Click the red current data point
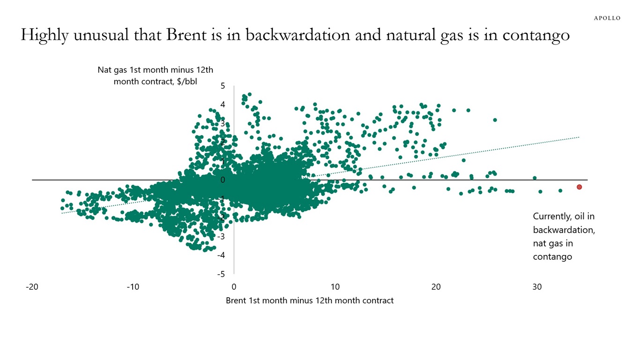(579, 187)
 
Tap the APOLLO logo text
(607, 18)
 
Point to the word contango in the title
(536, 36)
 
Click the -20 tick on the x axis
(32, 287)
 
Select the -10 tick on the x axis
(133, 287)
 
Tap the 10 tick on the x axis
(335, 287)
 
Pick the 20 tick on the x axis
(436, 287)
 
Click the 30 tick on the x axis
(537, 287)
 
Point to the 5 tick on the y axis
(223, 86)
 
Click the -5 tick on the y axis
(221, 274)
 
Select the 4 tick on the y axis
(223, 105)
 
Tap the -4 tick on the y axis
(221, 255)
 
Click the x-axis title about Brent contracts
(309, 300)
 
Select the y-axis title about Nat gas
(155, 75)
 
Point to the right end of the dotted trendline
(579, 137)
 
